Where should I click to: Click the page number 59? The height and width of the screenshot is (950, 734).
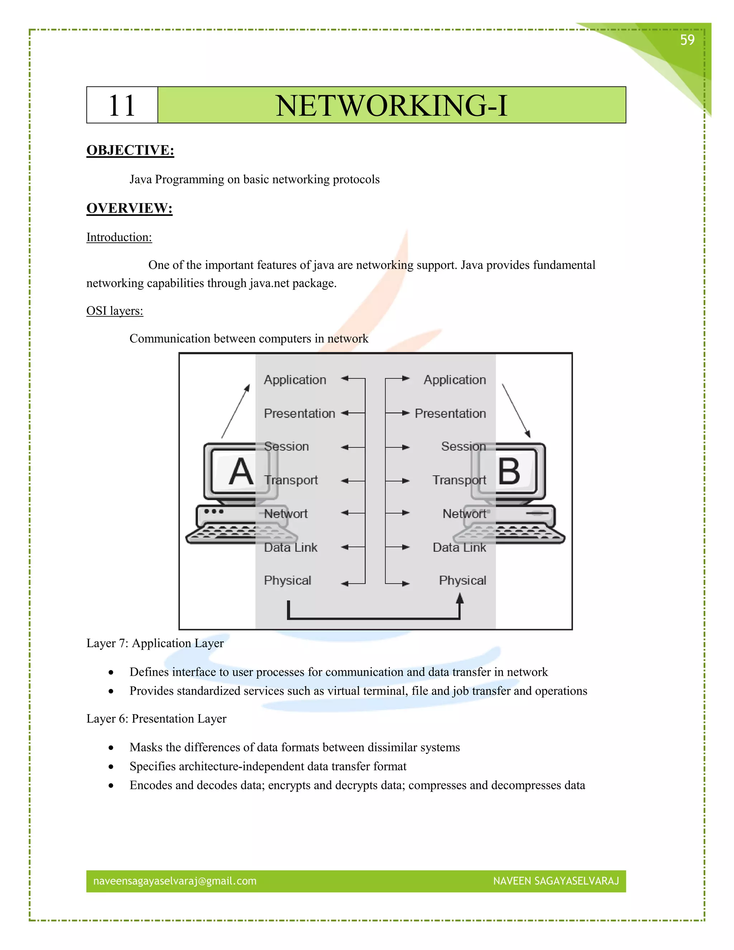coord(687,40)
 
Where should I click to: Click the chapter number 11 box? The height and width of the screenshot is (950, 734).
coord(122,105)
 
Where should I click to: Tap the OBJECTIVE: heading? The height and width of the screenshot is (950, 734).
coord(130,151)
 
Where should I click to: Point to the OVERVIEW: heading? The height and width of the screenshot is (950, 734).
coord(129,208)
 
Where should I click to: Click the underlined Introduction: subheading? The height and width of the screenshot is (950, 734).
coord(119,237)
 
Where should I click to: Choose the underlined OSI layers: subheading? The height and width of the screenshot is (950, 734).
coord(114,311)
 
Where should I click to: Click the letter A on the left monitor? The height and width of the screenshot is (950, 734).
coord(241,471)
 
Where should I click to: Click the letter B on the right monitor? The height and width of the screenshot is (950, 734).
coord(509,471)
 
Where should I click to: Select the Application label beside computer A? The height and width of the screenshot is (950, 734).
coord(295,380)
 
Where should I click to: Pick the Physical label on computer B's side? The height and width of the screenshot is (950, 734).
coord(462,580)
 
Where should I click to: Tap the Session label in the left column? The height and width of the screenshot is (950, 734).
coord(286,446)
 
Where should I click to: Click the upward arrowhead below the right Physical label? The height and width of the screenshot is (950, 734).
coord(459,599)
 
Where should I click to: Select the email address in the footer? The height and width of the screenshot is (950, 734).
coord(175,881)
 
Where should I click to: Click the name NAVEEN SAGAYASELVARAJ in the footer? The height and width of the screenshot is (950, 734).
coord(556,881)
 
